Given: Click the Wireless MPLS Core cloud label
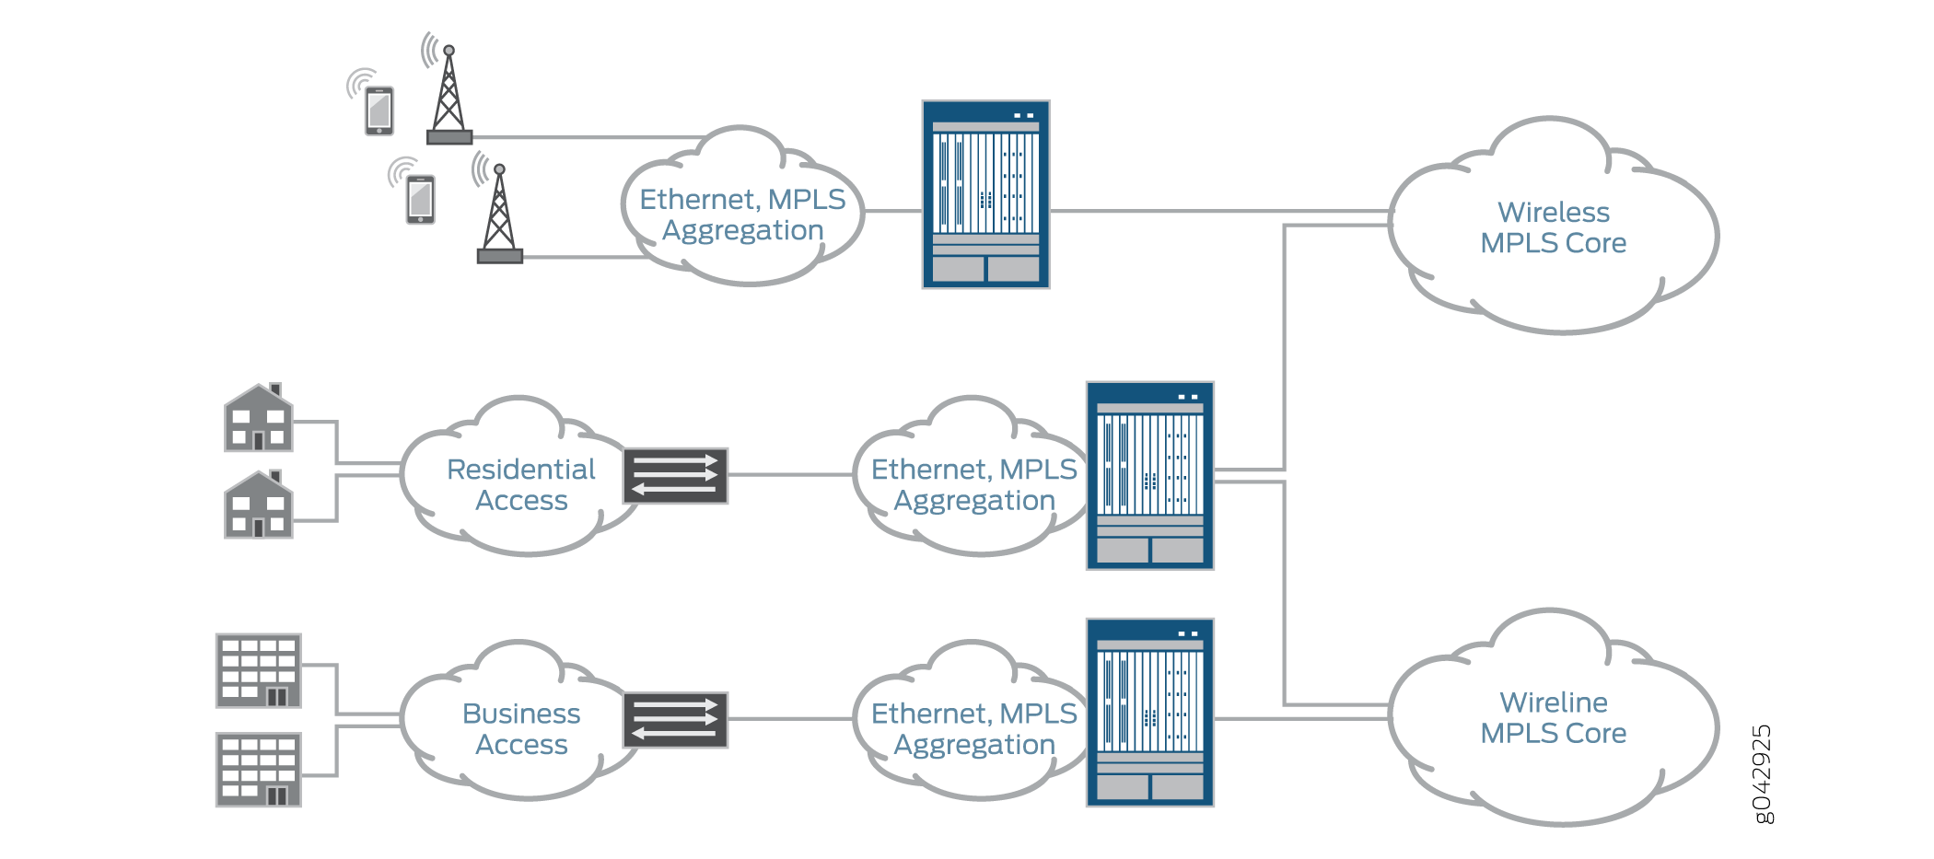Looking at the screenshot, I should [1553, 227].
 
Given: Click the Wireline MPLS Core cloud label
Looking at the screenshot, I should [1553, 718].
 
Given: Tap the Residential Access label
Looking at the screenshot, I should [521, 484].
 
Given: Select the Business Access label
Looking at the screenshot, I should [521, 728].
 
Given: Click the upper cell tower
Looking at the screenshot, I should [449, 96].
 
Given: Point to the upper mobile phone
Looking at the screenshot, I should [379, 110].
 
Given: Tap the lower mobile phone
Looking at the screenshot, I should [421, 199].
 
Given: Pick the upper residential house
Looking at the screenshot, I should [259, 419].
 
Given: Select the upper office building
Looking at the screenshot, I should [259, 670].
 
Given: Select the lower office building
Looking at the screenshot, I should [259, 770].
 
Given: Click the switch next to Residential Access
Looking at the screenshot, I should [675, 476].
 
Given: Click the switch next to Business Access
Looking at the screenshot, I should [675, 720].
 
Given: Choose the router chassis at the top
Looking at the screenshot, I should [985, 194].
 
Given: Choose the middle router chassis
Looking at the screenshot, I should [1149, 476].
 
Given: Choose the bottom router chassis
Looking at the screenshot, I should [1149, 713].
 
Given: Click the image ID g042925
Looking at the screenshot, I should [1761, 774].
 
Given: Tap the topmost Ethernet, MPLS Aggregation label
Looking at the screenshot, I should [742, 215].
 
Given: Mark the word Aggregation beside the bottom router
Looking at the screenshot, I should [974, 745].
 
